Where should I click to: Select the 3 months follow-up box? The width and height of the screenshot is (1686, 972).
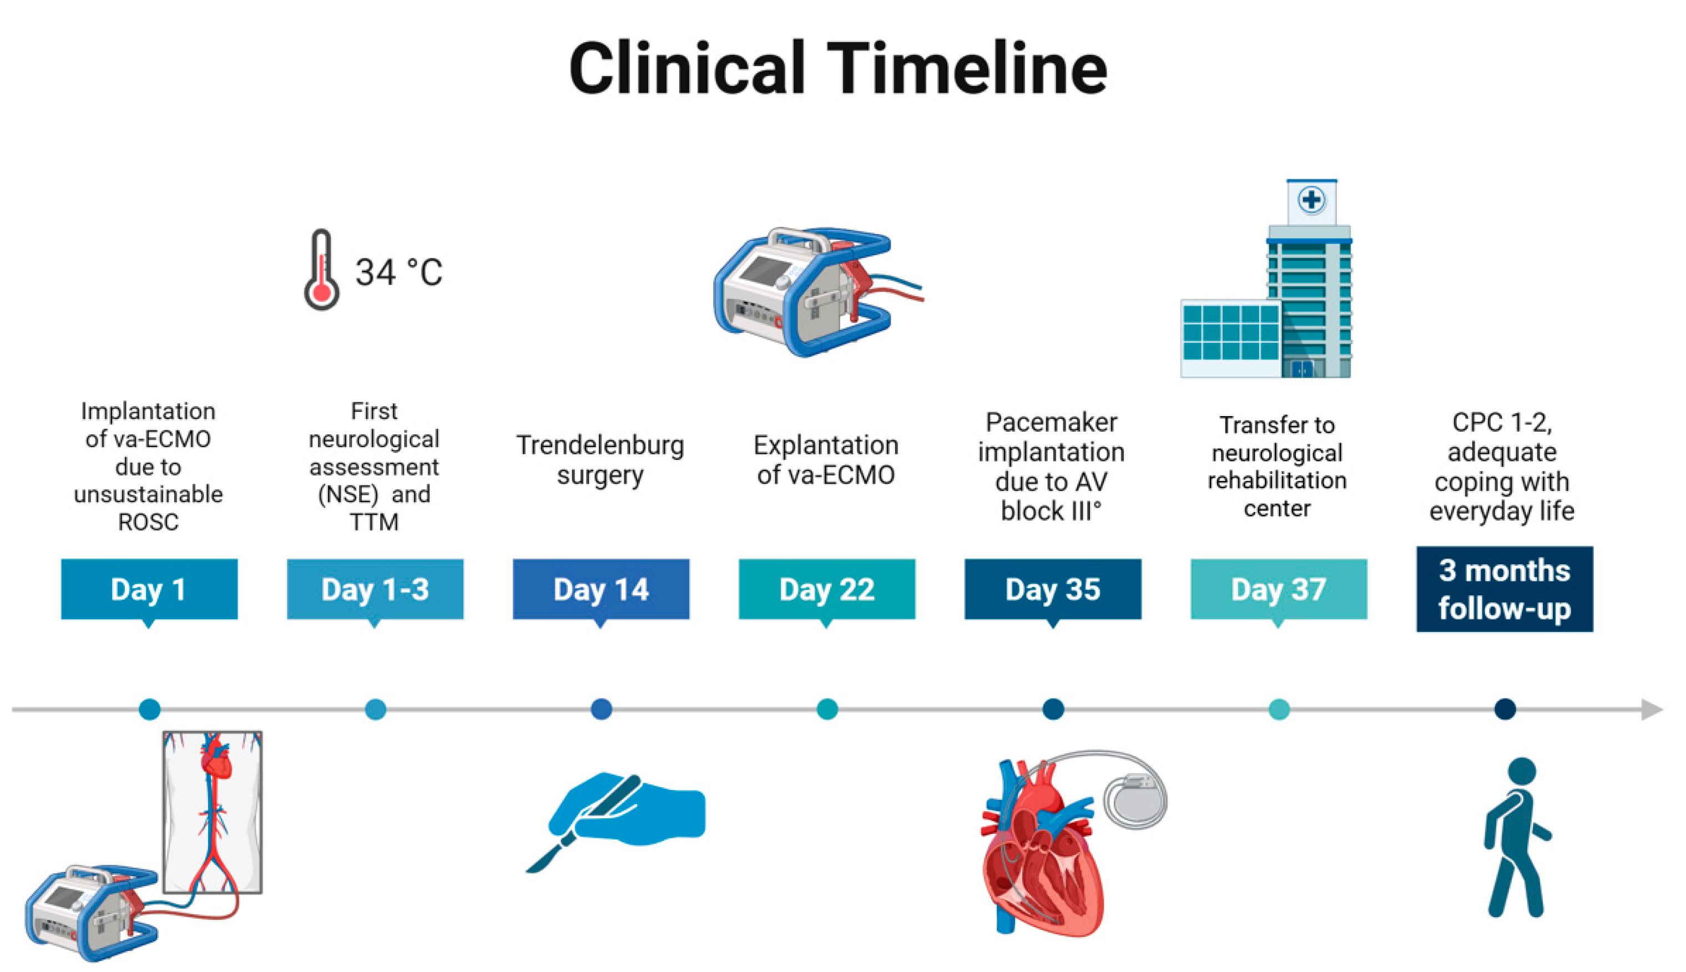1505,589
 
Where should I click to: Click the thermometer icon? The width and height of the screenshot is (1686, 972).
322,270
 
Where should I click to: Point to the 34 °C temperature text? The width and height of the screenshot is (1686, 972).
398,272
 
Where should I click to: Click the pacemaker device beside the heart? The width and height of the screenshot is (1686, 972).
1135,800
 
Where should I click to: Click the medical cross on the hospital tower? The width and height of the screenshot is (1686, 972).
1311,200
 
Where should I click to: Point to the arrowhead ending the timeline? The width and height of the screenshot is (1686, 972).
1652,709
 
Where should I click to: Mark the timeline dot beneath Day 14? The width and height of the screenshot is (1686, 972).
601,709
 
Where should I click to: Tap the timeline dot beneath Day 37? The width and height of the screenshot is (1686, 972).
1279,709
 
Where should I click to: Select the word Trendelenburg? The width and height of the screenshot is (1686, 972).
600,445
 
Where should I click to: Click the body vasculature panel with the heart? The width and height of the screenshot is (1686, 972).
213,812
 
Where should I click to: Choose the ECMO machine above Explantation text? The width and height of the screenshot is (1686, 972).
818,291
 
